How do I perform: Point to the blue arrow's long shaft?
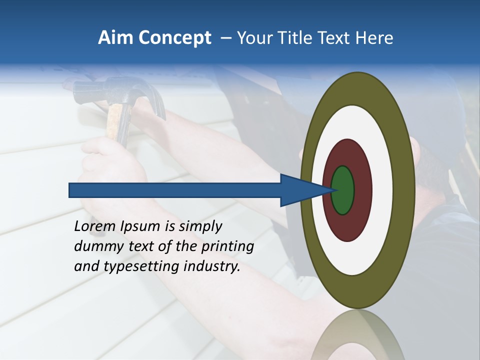[x=175, y=190]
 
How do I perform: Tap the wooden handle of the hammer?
[x=118, y=125]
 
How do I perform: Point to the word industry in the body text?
[x=212, y=267]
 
